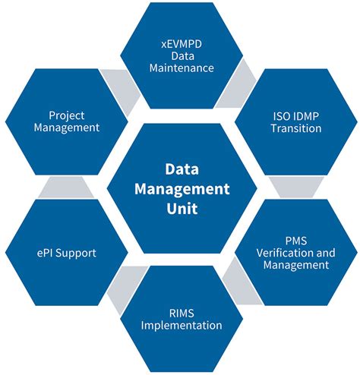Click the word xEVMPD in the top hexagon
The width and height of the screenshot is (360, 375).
182,44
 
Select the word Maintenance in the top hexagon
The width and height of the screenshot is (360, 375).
182,68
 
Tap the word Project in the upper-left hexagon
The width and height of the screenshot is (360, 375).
66,116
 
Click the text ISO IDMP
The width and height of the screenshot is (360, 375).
296,116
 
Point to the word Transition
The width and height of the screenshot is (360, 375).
296,128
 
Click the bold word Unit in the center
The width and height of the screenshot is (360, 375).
182,209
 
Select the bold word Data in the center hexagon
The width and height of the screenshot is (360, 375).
182,169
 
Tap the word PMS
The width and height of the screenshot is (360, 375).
296,241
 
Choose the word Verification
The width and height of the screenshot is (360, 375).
282,253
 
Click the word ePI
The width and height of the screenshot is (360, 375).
45,253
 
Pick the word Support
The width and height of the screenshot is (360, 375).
76,254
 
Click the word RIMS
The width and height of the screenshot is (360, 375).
182,314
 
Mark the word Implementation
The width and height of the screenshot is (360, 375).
182,326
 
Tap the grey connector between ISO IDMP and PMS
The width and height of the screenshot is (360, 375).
296,187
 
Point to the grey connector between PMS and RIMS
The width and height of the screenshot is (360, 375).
241,282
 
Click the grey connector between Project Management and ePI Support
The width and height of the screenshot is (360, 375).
66,187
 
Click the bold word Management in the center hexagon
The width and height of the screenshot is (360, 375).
182,189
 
